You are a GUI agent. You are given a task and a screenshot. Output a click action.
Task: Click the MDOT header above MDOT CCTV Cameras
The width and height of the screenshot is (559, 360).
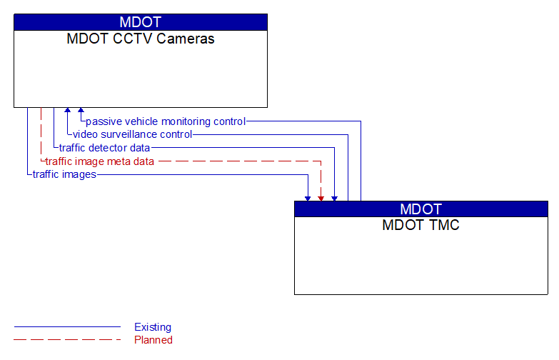coord(140,22)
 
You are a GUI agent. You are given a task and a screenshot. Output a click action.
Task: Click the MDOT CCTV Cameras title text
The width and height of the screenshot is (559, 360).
coord(140,39)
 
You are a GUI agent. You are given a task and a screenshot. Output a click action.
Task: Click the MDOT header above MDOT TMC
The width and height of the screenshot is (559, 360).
coord(420,209)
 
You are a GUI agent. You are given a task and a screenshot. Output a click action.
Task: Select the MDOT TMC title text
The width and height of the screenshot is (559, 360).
coord(420,226)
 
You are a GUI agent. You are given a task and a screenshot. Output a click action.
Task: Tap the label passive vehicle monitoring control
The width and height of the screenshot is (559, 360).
coord(166,121)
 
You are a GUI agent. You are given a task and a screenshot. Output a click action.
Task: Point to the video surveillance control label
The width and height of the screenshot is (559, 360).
coord(132,134)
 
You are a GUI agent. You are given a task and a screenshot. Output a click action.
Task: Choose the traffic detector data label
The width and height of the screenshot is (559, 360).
coord(104,148)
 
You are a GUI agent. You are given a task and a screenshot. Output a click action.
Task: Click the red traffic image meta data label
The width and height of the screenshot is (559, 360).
coord(100,161)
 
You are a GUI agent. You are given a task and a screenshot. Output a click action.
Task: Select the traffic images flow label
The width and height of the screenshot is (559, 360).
coord(64,174)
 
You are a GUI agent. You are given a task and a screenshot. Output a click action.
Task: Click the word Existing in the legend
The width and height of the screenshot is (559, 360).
coord(153,327)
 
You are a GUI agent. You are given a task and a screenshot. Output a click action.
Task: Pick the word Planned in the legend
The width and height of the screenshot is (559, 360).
coord(153,340)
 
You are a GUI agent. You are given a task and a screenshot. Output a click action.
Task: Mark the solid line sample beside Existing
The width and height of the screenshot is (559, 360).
coord(67,327)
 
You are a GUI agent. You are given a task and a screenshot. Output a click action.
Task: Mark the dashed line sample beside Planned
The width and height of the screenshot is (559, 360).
coord(67,340)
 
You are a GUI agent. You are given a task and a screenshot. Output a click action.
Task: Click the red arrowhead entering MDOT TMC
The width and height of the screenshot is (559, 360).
coord(321,197)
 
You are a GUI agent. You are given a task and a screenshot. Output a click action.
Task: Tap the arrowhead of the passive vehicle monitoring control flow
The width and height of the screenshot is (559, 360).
coord(81,111)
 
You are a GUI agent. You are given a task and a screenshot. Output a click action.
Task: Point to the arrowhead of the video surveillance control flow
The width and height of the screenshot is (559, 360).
coord(68,111)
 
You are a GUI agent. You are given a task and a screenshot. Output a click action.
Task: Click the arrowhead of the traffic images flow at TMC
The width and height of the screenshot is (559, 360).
coord(308,197)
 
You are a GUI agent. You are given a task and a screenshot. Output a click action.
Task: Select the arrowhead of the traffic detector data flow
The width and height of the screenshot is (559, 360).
coord(334,197)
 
